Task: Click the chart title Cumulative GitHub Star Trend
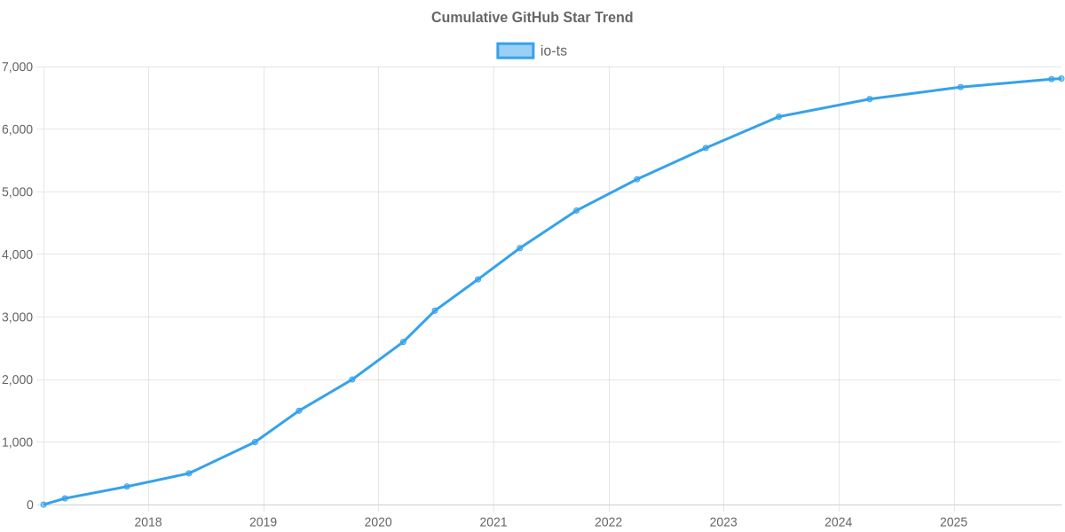[532, 18]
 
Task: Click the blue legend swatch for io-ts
[515, 51]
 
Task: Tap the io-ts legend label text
[554, 51]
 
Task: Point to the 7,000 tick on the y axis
[18, 67]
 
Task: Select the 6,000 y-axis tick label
[18, 129]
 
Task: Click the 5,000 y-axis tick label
[18, 192]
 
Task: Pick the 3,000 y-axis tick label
[18, 317]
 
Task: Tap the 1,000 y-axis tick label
[18, 442]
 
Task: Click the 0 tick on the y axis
[30, 505]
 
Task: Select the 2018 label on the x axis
[147, 522]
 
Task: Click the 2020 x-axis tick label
[378, 522]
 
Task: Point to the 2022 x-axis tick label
[608, 522]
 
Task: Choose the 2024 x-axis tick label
[838, 522]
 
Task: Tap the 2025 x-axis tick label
[953, 522]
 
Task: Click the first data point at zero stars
[43, 505]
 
